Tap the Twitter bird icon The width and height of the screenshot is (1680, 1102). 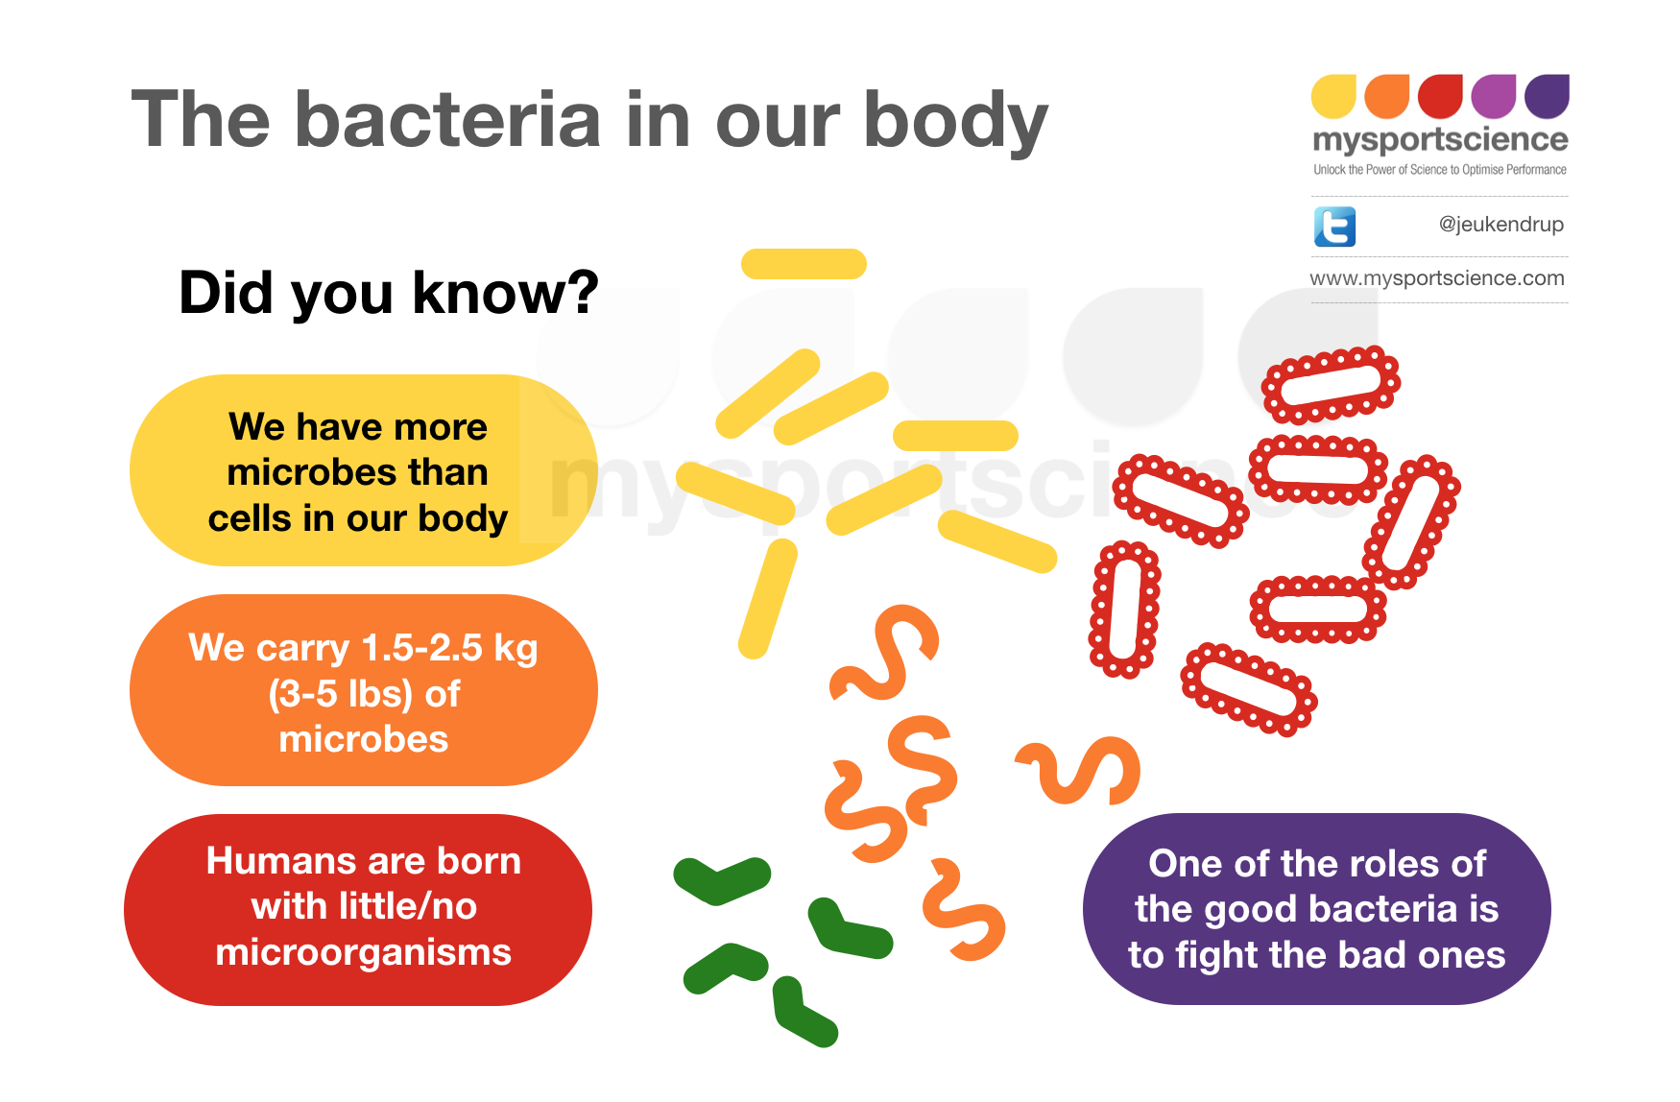tap(1334, 227)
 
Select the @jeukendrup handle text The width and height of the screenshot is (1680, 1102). tap(1500, 225)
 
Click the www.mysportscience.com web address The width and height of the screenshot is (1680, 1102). tap(1436, 278)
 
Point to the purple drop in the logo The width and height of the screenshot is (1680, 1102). tap(1547, 96)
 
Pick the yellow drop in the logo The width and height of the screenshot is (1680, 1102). tap(1333, 96)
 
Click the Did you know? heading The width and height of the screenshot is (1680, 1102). tap(388, 293)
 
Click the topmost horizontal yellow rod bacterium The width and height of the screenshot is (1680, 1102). tap(804, 264)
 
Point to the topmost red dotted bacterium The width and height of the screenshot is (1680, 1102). tap(1331, 384)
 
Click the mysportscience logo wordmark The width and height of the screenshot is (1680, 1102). tap(1439, 141)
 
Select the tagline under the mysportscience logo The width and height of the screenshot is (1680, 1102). tap(1439, 170)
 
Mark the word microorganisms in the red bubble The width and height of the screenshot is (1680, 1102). tap(363, 952)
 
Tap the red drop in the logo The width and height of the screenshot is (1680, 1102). tap(1440, 96)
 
